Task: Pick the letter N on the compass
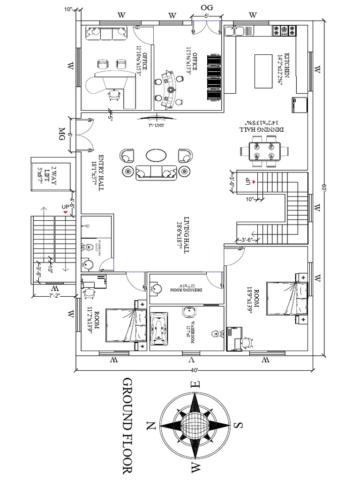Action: (x=150, y=426)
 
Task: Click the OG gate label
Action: (x=207, y=7)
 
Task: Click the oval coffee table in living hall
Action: (x=156, y=155)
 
